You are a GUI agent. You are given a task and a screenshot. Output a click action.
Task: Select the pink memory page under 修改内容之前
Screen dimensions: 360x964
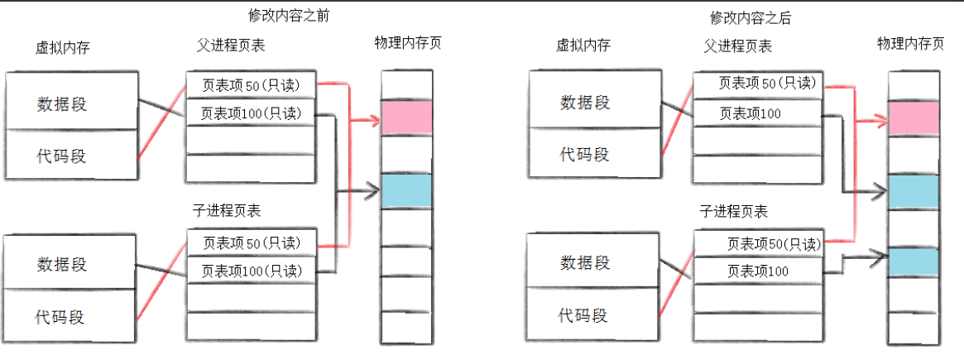406,118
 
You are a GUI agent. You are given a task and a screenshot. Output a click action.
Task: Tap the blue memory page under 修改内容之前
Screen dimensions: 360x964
406,190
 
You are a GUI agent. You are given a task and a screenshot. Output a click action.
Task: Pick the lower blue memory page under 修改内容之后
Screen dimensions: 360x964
914,262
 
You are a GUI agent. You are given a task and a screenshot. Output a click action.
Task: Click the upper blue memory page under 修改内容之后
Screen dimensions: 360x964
914,190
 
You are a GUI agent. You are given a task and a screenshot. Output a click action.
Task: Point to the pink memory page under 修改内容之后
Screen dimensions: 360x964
914,118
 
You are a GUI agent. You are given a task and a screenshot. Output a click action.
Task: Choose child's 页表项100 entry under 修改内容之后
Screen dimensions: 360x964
758,271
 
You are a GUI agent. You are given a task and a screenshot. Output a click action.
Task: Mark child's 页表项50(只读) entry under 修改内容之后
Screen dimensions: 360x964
758,243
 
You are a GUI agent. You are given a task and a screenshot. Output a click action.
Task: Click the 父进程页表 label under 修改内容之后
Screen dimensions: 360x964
738,46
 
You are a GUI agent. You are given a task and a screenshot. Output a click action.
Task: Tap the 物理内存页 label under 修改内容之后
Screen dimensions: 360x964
910,44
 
